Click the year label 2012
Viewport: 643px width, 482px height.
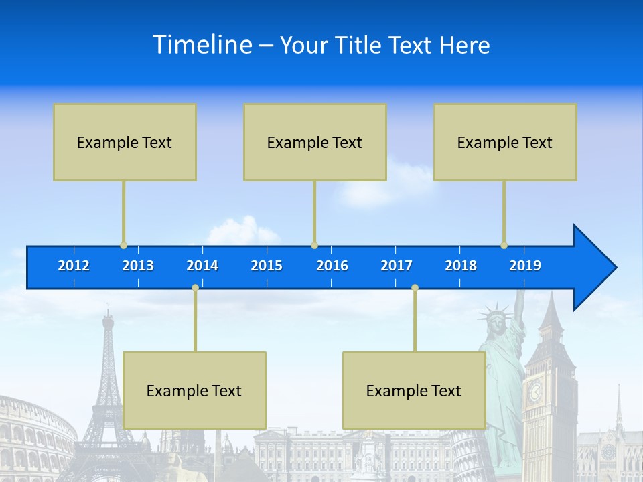(74, 266)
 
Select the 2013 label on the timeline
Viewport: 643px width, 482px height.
(138, 266)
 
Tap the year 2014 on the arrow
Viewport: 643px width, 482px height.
(202, 266)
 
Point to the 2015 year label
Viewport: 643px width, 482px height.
(267, 266)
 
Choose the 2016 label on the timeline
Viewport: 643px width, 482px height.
(332, 266)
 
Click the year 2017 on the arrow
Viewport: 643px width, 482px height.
(397, 266)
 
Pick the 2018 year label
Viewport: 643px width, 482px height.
(461, 266)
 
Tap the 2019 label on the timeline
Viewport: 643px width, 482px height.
(525, 266)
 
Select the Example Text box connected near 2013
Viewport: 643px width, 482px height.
(125, 142)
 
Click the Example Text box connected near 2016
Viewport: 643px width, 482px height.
(315, 142)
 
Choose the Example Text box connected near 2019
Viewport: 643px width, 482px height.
(505, 142)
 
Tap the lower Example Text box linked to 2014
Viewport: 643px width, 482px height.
(194, 390)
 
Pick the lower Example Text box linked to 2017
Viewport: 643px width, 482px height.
(414, 390)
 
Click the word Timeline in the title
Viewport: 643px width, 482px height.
(202, 45)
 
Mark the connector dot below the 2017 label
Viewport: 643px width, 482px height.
(415, 287)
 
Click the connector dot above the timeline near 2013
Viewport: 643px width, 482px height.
(123, 245)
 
